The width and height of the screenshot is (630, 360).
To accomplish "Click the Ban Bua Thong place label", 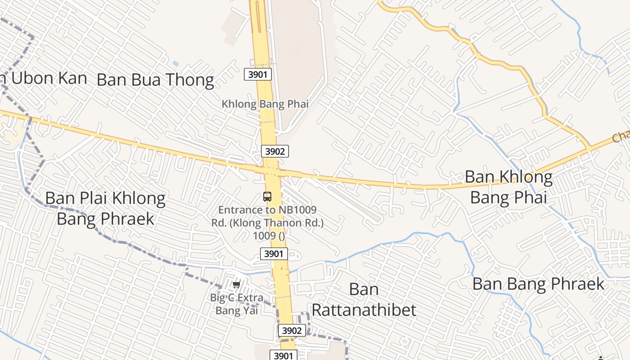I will (155, 80).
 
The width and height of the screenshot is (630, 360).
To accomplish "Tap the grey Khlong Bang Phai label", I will (265, 104).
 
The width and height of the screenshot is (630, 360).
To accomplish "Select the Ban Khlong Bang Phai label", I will (508, 187).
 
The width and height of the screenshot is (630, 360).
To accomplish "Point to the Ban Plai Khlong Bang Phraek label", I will (106, 208).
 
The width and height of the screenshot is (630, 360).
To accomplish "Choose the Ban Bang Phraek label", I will (538, 284).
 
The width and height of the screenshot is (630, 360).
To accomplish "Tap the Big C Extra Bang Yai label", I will (237, 304).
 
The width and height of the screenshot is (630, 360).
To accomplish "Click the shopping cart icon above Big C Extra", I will (237, 284).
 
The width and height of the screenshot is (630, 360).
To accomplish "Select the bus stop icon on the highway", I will (267, 197).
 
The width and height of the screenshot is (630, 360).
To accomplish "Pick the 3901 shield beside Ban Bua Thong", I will (258, 74).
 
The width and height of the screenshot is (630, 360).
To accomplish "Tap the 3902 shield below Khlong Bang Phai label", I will (274, 151).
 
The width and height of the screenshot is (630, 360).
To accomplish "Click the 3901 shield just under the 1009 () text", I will (274, 254).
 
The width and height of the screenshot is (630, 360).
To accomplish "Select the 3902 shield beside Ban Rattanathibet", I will (292, 330).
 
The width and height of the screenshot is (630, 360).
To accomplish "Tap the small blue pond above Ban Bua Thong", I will (175, 64).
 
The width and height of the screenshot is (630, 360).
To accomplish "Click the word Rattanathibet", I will (364, 310).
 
